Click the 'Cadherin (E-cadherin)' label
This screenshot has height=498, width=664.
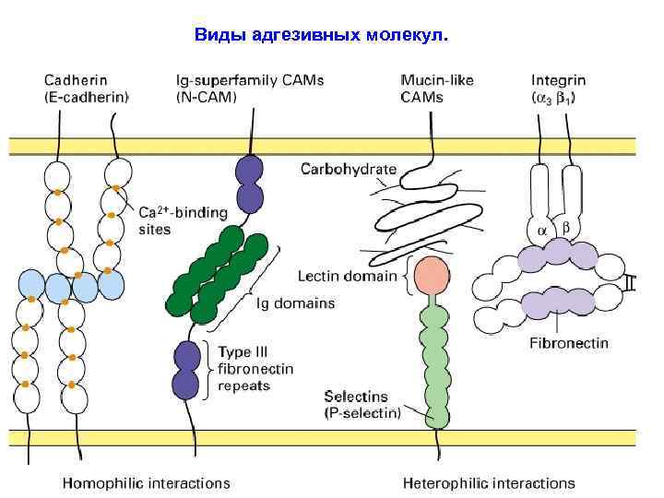click(87, 88)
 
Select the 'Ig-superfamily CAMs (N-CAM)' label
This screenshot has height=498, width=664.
click(249, 88)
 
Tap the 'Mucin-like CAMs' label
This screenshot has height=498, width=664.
click(437, 88)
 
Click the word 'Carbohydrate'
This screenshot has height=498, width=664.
click(349, 169)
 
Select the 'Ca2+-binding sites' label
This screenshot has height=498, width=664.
click(183, 220)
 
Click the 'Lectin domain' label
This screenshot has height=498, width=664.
click(347, 275)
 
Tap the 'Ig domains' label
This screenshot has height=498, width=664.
click(295, 302)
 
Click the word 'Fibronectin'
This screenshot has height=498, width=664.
click(569, 343)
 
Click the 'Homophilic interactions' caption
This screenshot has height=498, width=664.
click(146, 482)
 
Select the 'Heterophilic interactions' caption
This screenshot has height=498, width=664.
click(489, 482)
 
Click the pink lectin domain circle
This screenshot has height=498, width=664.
click(432, 275)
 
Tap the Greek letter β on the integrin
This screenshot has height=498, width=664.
click(566, 226)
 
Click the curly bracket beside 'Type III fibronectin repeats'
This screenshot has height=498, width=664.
click(209, 369)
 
